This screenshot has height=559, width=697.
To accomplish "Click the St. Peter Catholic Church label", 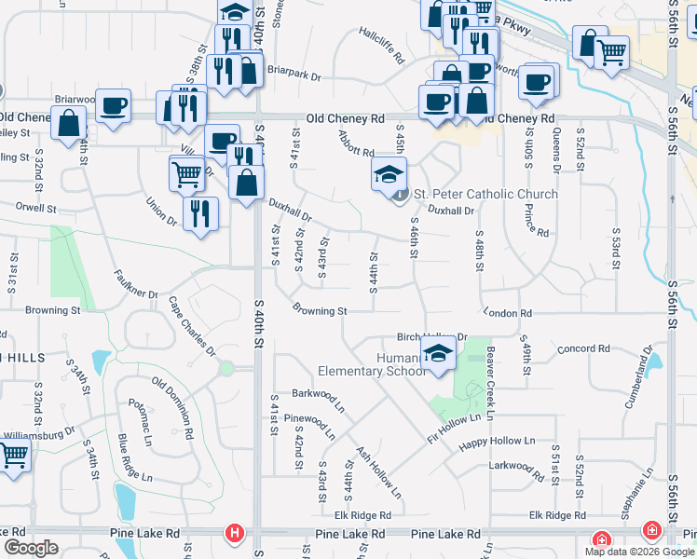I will click(485, 194).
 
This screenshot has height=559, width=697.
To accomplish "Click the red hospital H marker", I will click(235, 534).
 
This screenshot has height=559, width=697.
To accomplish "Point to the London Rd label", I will click(507, 314).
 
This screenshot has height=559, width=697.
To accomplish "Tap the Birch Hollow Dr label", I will click(430, 336).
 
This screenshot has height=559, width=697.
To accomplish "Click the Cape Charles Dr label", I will click(192, 326).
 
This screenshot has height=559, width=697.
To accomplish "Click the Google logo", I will click(30, 547).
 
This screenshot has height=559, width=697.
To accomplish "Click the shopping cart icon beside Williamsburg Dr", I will click(13, 457).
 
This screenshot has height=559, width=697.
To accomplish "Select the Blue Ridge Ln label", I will click(135, 457).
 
